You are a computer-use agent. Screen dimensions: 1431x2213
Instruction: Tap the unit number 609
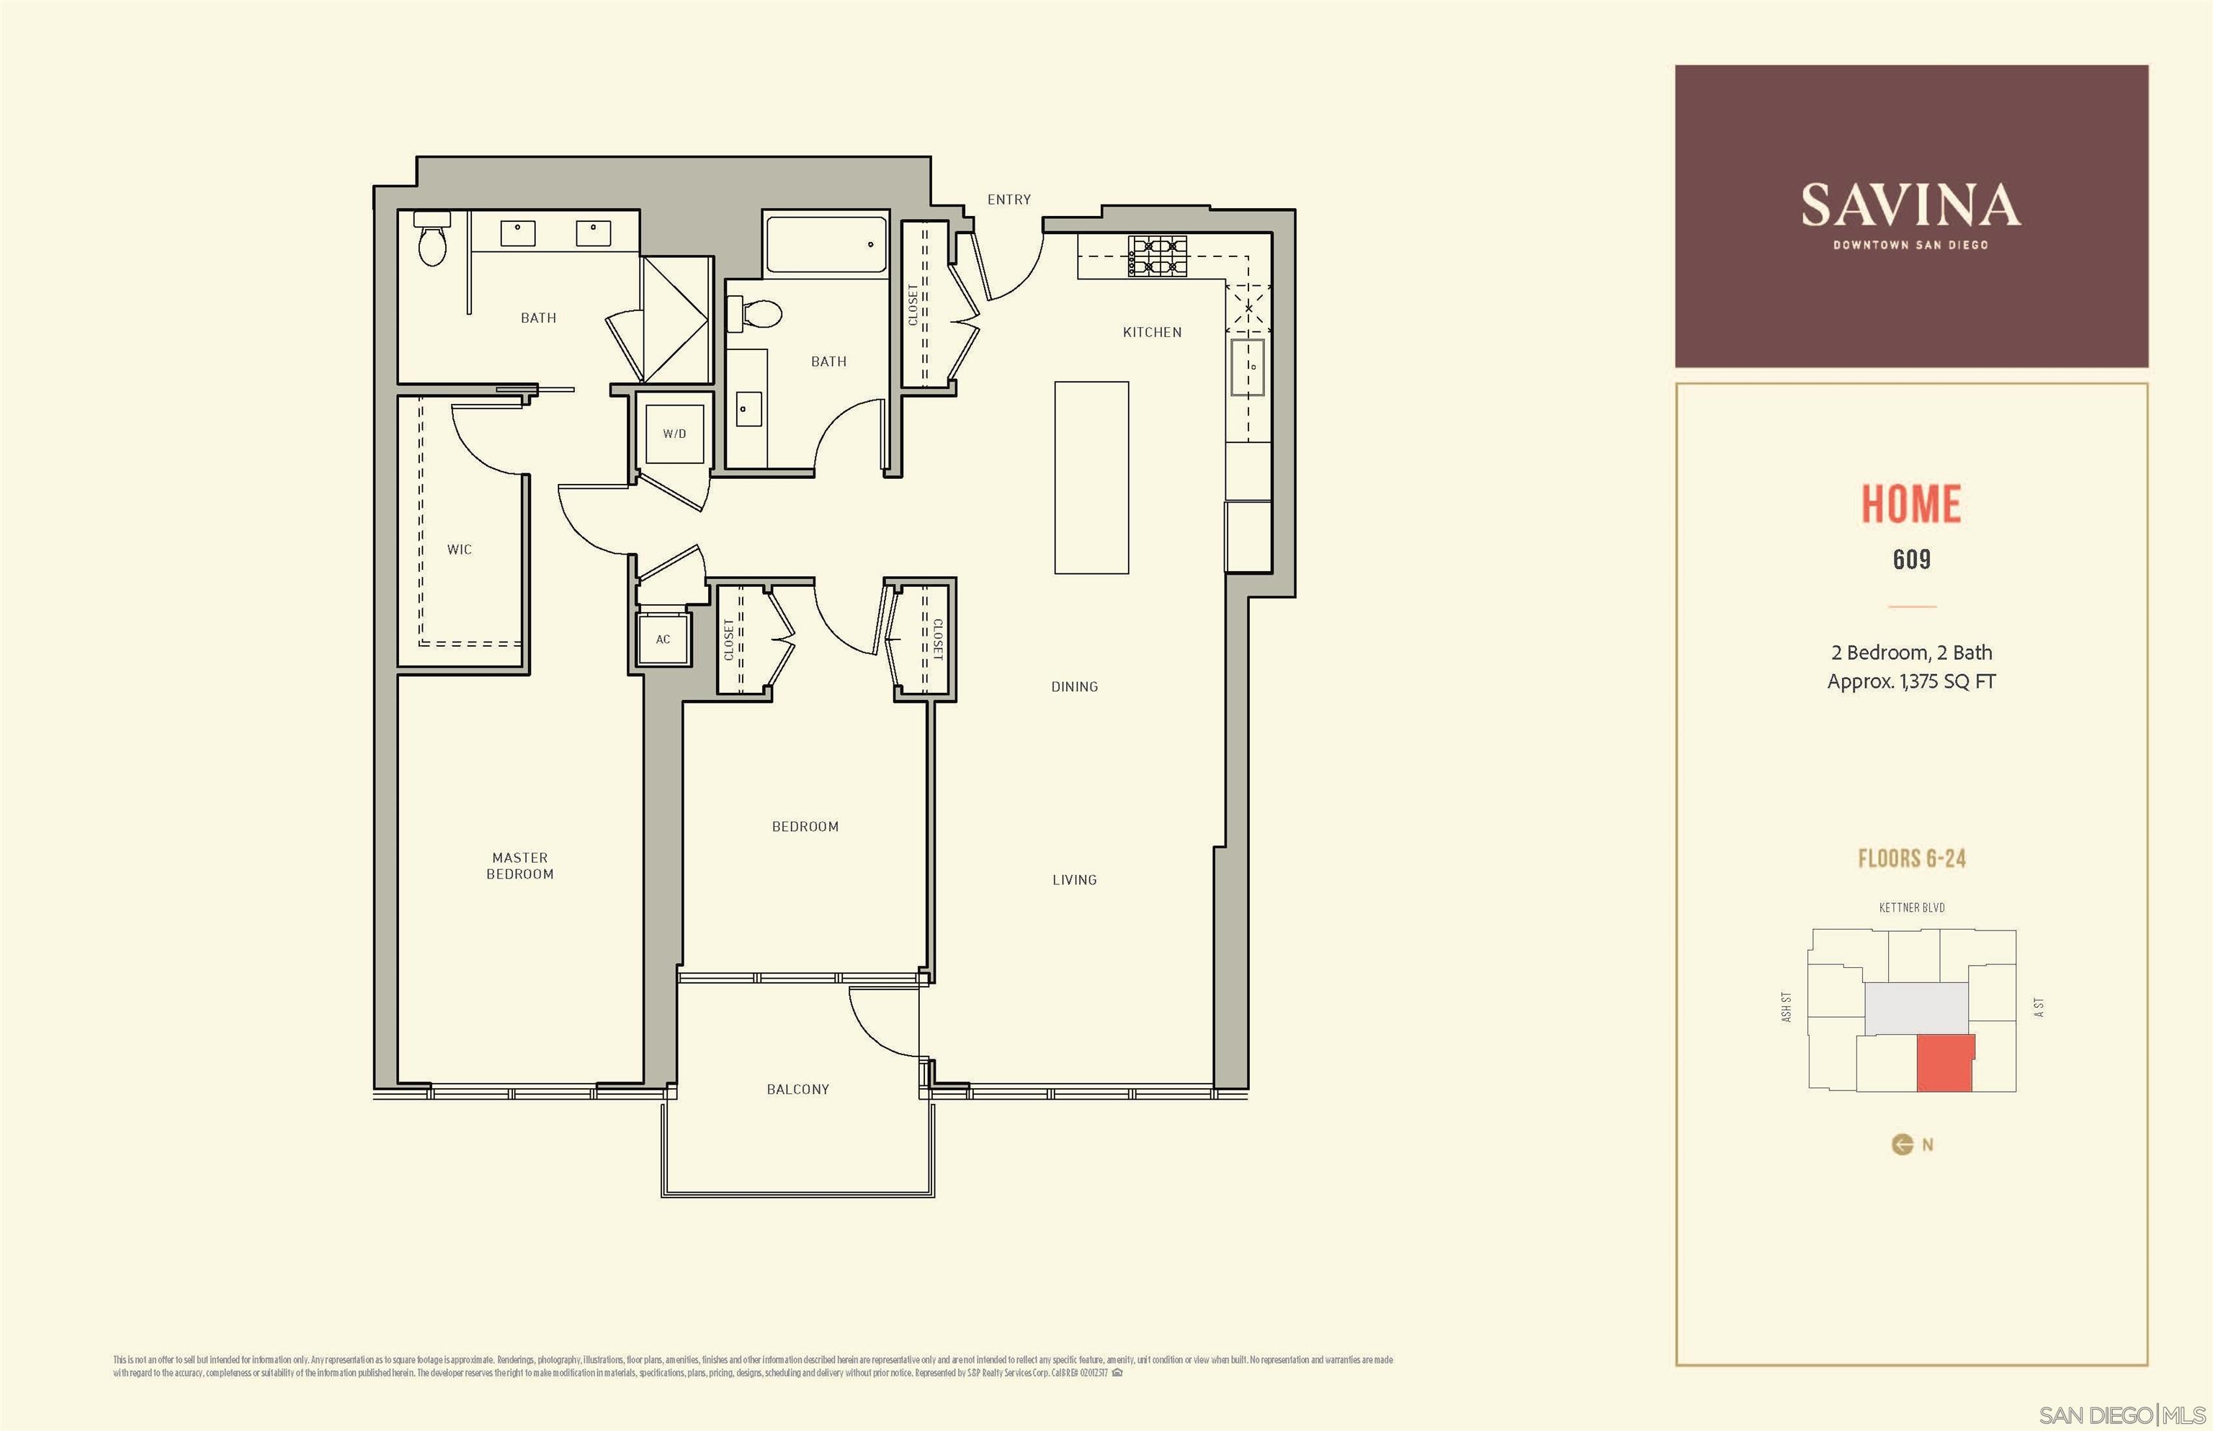[1911, 560]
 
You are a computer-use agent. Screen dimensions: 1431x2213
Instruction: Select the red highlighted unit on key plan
[1944, 1062]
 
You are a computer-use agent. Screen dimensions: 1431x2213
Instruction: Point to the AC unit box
[663, 640]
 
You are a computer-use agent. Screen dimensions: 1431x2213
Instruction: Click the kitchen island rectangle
[1091, 477]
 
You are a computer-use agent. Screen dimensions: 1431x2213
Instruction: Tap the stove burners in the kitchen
[1157, 256]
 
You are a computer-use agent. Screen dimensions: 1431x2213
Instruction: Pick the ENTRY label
[1009, 199]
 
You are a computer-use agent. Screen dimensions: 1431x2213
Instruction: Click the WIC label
[459, 550]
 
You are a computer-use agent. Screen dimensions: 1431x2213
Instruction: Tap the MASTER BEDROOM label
[519, 865]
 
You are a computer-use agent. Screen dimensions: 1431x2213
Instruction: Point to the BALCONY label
[797, 1089]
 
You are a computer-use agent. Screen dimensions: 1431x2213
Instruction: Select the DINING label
[1074, 687]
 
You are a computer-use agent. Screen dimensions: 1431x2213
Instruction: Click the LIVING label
[1074, 880]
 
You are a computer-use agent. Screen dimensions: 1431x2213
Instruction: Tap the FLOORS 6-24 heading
[1911, 858]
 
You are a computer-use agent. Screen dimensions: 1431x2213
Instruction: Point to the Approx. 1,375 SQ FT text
[1911, 682]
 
